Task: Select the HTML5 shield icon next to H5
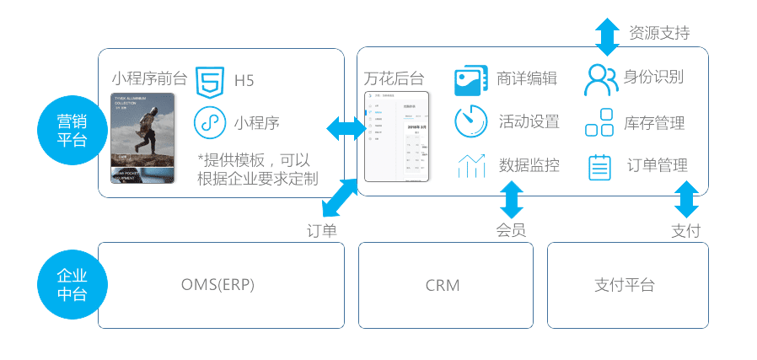(209, 81)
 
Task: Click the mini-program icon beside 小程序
(208, 122)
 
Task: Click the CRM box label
(443, 285)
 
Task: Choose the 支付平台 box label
(624, 285)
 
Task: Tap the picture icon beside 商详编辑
(471, 81)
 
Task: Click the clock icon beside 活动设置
(470, 121)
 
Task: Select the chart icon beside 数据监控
(471, 165)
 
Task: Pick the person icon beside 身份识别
(600, 79)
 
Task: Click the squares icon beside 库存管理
(599, 122)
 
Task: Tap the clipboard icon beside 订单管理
(599, 166)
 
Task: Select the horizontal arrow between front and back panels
(347, 129)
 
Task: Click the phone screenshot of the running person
(142, 137)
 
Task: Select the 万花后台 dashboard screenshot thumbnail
(397, 137)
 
